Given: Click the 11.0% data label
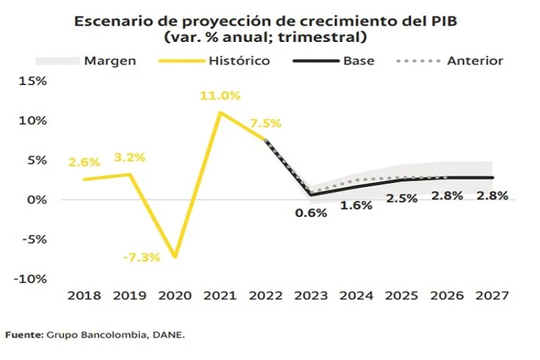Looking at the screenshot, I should [219, 96].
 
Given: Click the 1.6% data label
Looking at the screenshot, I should [356, 205].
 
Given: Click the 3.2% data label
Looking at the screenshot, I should [129, 158].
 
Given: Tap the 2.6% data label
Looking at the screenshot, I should [84, 162].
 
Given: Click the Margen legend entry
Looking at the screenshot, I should [110, 61].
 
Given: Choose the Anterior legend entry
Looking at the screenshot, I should [475, 61].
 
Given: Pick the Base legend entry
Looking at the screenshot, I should [358, 61].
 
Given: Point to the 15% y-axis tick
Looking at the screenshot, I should [33, 81].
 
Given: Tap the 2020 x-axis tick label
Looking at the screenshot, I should [175, 295].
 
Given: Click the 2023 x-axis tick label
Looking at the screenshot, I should [310, 295].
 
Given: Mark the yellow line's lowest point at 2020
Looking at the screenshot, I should [175, 257].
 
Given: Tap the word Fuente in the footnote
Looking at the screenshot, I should [24, 334].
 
